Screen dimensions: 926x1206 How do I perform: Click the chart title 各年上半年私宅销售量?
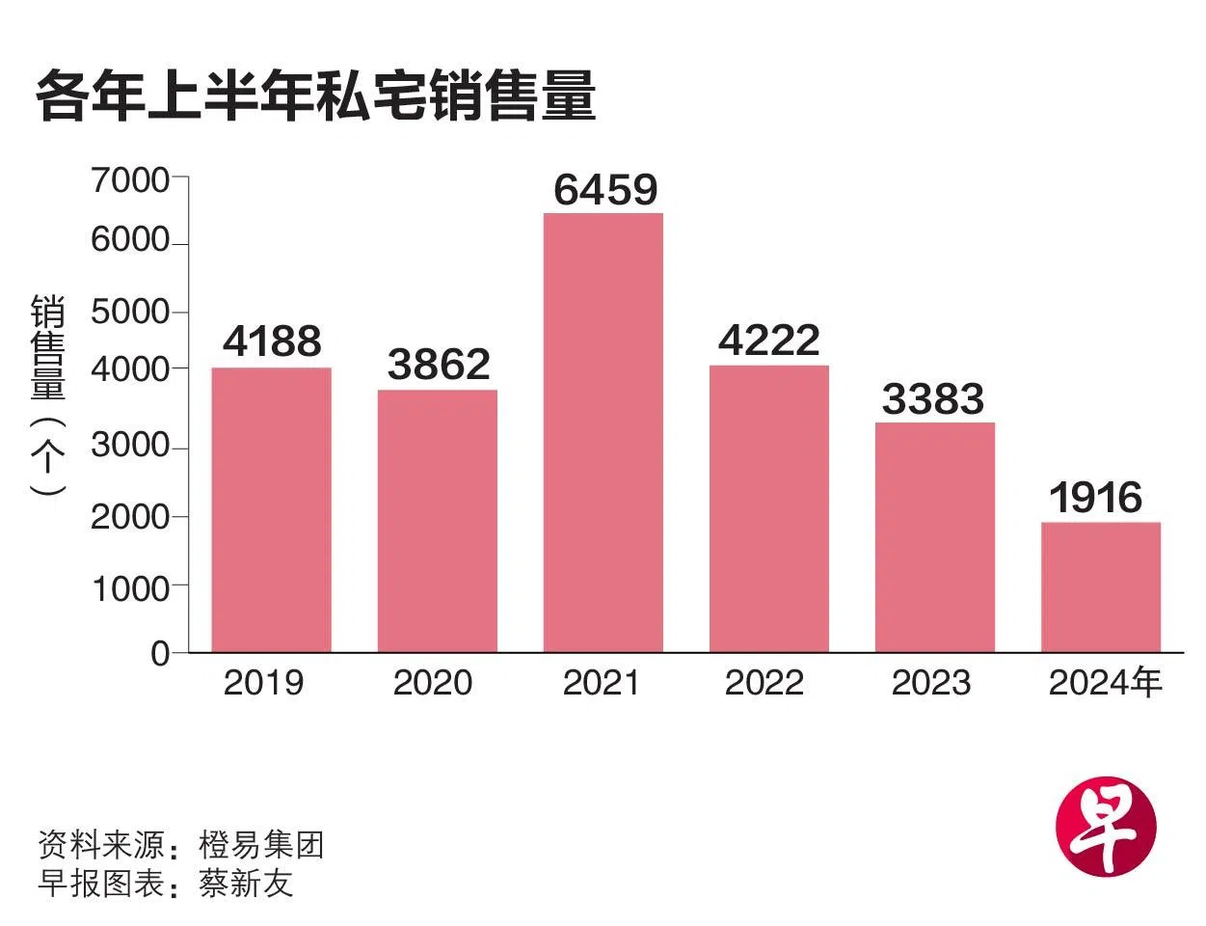pyautogui.click(x=315, y=96)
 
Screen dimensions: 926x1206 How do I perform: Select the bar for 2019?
pyautogui.click(x=271, y=509)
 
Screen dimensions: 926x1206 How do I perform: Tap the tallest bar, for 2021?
pyautogui.click(x=603, y=432)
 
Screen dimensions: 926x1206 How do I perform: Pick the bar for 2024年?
pyautogui.click(x=1100, y=586)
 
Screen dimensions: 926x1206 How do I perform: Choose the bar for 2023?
pyautogui.click(x=934, y=536)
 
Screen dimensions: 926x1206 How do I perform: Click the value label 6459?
pyautogui.click(x=605, y=190)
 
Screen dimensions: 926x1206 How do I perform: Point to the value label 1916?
pyautogui.click(x=1095, y=498)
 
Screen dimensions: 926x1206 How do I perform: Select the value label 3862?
pyautogui.click(x=439, y=365)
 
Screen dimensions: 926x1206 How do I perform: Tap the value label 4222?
pyautogui.click(x=768, y=340)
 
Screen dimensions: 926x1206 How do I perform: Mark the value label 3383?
pyautogui.click(x=932, y=399)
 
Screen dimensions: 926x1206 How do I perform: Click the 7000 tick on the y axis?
pyautogui.click(x=130, y=179)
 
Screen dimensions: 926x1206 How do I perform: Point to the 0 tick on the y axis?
pyautogui.click(x=160, y=654)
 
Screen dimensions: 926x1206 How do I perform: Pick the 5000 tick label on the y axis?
pyautogui.click(x=130, y=313)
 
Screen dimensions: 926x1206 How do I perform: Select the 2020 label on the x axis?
pyautogui.click(x=433, y=683)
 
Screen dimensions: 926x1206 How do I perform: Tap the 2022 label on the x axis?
pyautogui.click(x=764, y=683)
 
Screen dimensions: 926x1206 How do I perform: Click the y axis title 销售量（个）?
pyautogui.click(x=48, y=395)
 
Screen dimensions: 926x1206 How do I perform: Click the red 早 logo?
pyautogui.click(x=1105, y=826)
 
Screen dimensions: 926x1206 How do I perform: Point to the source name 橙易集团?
pyautogui.click(x=261, y=845)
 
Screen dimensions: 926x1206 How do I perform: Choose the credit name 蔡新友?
pyautogui.click(x=246, y=884)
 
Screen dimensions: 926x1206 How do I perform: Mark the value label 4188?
pyautogui.click(x=272, y=341)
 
